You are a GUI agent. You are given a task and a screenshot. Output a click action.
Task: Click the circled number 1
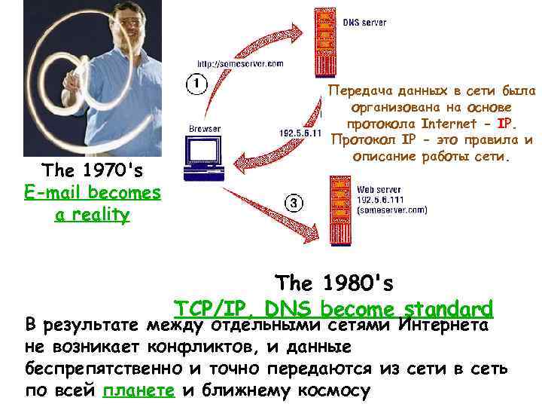tap(194, 83)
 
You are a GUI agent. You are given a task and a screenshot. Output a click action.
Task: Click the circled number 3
tap(295, 203)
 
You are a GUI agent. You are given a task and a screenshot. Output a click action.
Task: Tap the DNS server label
tap(364, 23)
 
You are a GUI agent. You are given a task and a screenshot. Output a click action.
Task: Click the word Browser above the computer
tap(205, 129)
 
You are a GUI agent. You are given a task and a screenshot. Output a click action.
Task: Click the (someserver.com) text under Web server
tap(391, 212)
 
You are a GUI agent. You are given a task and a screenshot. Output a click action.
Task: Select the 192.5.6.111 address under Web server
tap(380, 202)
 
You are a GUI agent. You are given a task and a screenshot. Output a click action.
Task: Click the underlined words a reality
tap(93, 215)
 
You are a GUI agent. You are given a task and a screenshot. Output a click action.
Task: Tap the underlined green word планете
tap(139, 390)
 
